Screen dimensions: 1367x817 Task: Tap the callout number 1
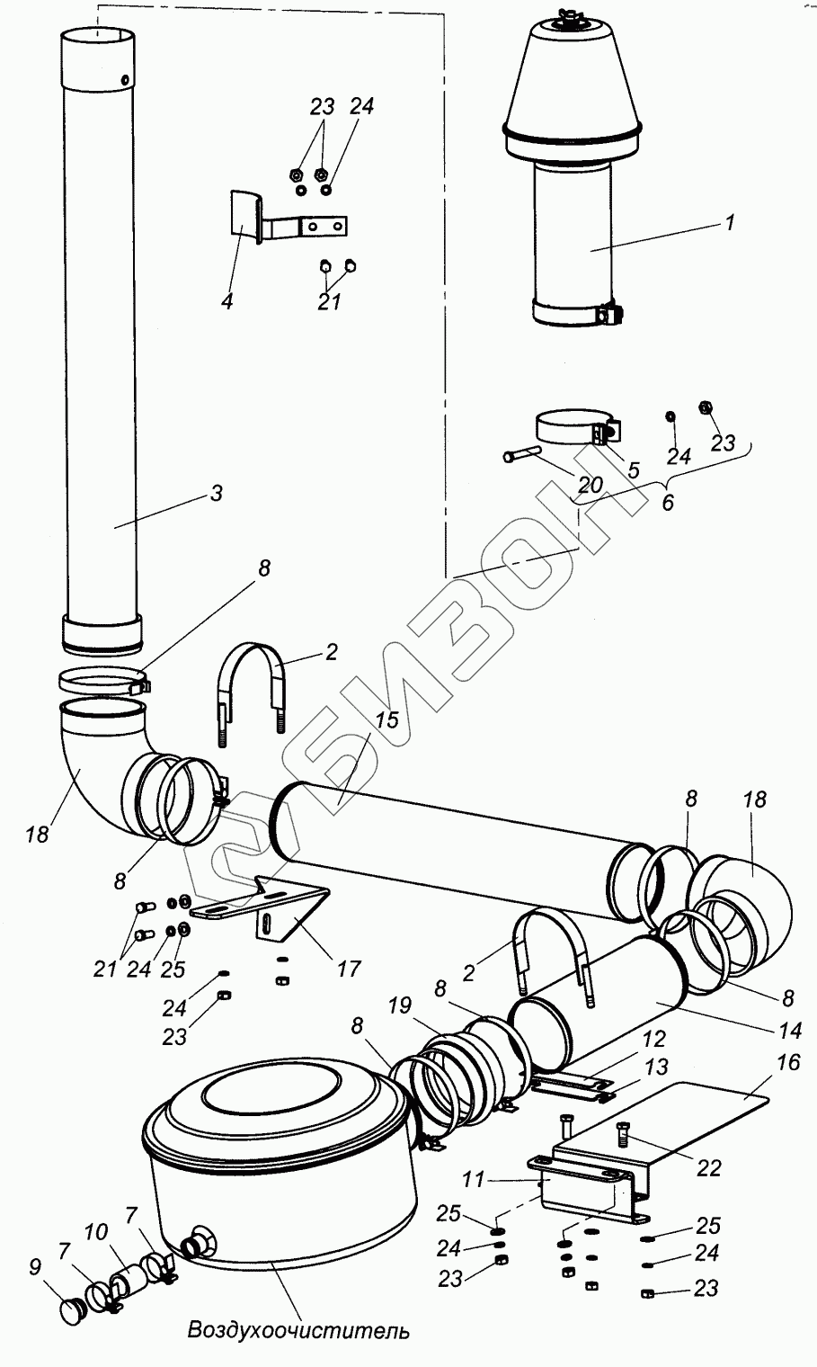[730, 222]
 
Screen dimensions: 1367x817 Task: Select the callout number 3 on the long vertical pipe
[215, 493]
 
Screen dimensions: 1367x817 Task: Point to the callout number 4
[226, 301]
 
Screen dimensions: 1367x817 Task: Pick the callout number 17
[348, 969]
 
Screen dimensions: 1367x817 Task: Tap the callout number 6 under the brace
[667, 502]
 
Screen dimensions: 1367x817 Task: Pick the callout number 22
[709, 1167]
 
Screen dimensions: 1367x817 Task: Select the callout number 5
[634, 469]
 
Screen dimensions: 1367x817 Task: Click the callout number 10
[96, 1229]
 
